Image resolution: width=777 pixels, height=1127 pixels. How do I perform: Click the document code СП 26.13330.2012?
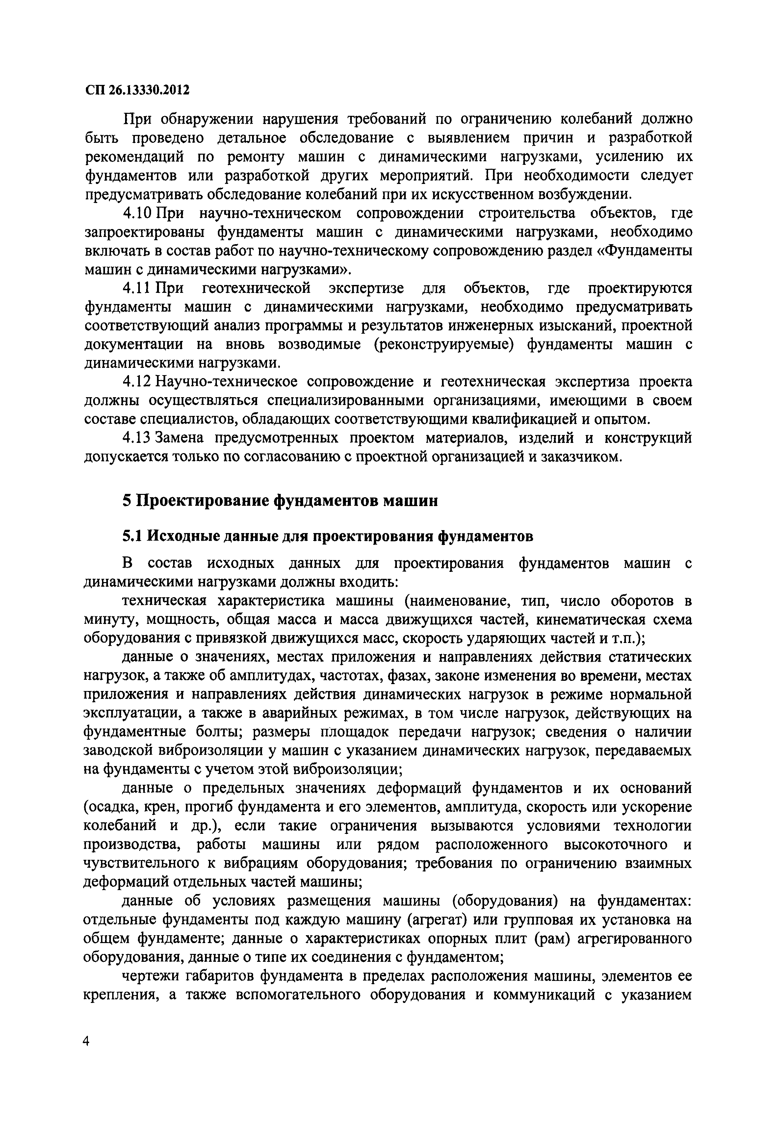point(137,90)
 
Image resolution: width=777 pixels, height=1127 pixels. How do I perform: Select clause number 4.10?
point(138,213)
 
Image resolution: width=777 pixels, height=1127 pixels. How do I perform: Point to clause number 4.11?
point(138,288)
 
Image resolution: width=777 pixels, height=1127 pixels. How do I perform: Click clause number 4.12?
point(138,382)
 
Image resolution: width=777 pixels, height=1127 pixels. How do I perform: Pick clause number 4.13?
point(138,438)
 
